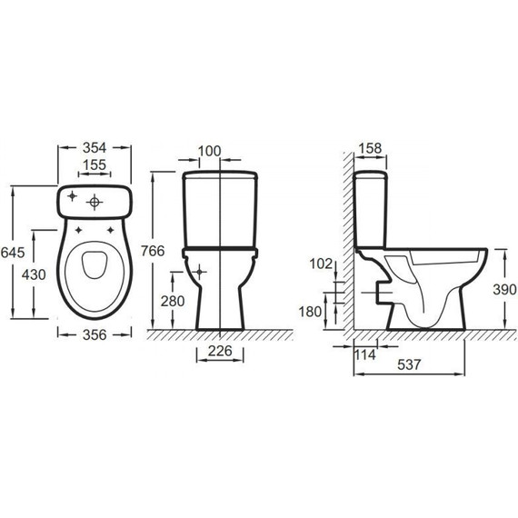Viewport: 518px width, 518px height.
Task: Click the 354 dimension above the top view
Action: tap(95, 147)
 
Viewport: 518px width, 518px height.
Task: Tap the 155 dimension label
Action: tap(95, 164)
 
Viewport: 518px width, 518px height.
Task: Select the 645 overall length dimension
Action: tap(13, 253)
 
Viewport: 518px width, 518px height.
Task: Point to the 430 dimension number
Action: tap(34, 274)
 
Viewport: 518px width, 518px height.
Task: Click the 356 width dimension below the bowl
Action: tap(95, 335)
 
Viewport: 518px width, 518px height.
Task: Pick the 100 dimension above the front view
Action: tap(209, 151)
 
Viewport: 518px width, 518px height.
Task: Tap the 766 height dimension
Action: tap(153, 251)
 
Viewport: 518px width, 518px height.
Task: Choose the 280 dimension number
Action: tap(173, 302)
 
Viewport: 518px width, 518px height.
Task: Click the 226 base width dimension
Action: tap(220, 351)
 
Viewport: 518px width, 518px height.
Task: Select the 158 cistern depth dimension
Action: tap(370, 148)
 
